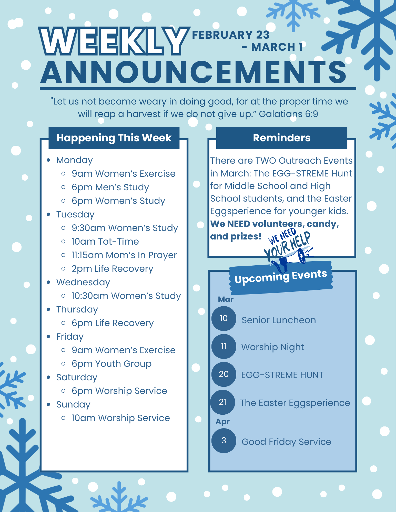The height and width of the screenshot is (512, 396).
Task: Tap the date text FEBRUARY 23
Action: (231, 35)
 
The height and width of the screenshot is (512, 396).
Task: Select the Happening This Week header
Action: (114, 138)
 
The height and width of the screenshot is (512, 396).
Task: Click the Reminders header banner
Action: (282, 138)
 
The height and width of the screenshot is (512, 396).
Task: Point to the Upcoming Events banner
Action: (281, 277)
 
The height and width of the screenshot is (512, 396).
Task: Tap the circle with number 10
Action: (224, 318)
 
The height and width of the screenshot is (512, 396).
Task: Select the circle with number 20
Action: (224, 374)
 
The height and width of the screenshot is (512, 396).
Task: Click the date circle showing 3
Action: (224, 441)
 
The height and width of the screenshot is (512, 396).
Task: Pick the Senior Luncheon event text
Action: (279, 320)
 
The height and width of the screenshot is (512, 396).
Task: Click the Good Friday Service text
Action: (286, 442)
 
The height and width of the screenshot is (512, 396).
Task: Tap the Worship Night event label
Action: (272, 347)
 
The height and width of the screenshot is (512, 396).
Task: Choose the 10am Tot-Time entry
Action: (105, 242)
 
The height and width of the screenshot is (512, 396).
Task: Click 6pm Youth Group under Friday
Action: (111, 364)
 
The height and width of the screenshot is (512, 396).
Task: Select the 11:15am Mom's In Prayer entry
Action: (124, 255)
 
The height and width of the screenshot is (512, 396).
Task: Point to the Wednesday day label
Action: (83, 282)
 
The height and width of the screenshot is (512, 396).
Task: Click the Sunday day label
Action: (73, 405)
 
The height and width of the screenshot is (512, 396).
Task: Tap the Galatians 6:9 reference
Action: (288, 114)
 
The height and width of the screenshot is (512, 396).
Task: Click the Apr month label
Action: (222, 422)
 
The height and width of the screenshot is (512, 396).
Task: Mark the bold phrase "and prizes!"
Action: (236, 236)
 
